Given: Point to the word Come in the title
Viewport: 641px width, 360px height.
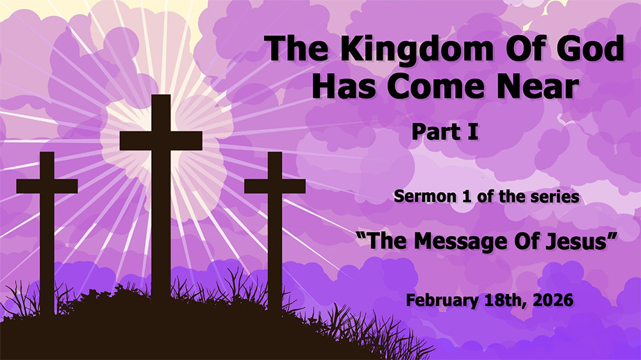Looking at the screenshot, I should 433,86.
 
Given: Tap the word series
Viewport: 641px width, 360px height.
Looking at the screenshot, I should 556,196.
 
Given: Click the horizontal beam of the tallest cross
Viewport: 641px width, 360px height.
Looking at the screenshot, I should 161,140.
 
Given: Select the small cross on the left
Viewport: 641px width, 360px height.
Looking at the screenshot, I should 47,224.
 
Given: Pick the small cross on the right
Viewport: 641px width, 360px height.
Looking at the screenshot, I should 274,224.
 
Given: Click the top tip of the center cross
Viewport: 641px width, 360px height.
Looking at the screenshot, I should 161,97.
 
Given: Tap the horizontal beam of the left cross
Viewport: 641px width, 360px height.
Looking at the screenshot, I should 47,186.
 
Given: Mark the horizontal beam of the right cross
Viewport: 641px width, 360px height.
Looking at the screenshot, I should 274,186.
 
